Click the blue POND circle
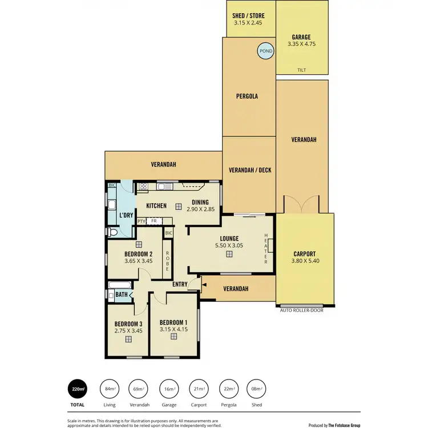[x=265, y=51]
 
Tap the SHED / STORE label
[x=248, y=17]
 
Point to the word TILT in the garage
[x=302, y=70]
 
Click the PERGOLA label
[x=247, y=96]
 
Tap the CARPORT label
[x=304, y=255]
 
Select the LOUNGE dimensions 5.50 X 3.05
[x=228, y=245]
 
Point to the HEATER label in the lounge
[x=266, y=248]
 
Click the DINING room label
[x=200, y=202]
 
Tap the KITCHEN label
[x=156, y=206]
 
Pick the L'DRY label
[x=126, y=215]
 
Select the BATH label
[x=122, y=295]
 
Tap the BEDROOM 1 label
[x=173, y=321]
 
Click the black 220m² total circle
[x=77, y=389]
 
